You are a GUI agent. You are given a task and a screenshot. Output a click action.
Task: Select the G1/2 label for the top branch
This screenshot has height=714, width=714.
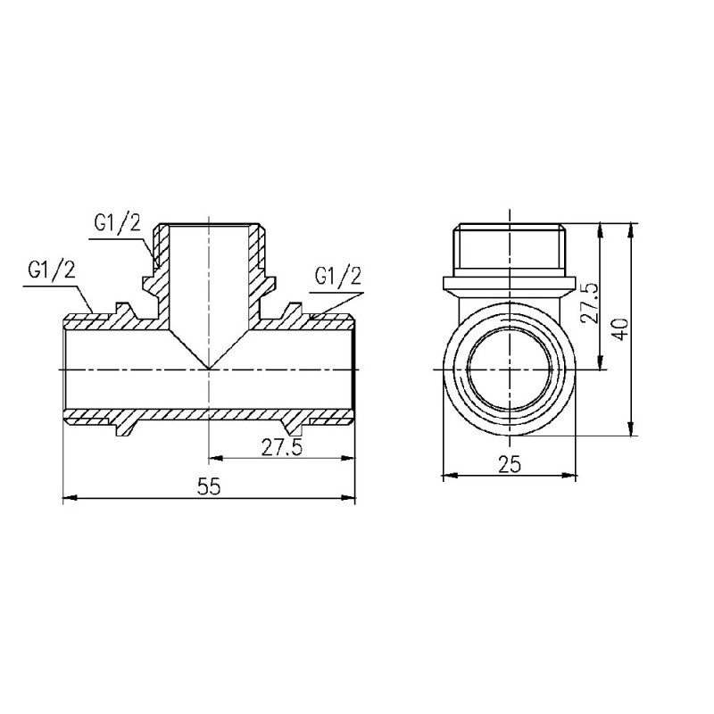(x=117, y=223)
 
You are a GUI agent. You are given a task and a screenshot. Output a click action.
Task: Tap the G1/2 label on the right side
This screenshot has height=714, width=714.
(x=339, y=277)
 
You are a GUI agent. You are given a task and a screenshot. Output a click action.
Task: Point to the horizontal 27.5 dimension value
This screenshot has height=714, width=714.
(x=282, y=448)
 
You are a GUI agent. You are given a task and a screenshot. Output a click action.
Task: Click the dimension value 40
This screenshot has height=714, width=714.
(x=622, y=328)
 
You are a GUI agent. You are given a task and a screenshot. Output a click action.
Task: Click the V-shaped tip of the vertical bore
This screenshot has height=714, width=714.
(x=209, y=367)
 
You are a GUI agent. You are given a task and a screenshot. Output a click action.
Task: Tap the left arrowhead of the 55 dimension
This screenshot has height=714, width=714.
(x=68, y=499)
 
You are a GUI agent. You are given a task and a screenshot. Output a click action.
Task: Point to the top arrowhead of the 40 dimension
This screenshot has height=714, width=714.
(x=631, y=228)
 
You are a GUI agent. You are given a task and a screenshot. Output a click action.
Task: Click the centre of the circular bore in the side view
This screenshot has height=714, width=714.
(x=509, y=368)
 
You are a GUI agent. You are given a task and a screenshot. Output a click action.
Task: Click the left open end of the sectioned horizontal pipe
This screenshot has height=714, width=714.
(x=66, y=368)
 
